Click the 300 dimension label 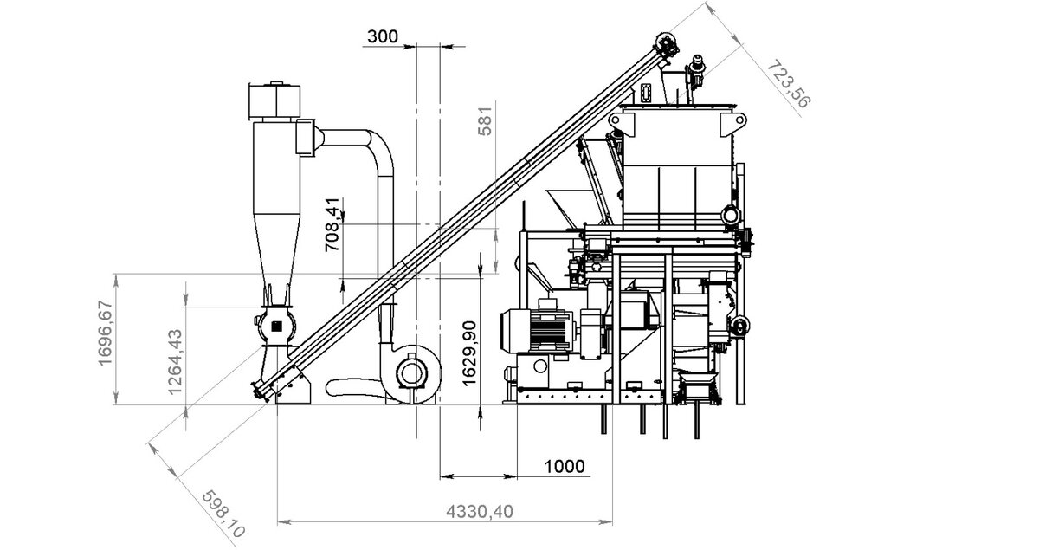pos(383,36)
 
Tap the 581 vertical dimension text pos(485,121)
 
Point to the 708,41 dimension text pos(332,224)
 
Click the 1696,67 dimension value pos(106,333)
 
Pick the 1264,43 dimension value pos(175,362)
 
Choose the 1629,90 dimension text pos(469,353)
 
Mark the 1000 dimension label pos(565,466)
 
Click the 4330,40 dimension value pos(480,512)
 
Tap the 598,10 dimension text pos(223,514)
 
